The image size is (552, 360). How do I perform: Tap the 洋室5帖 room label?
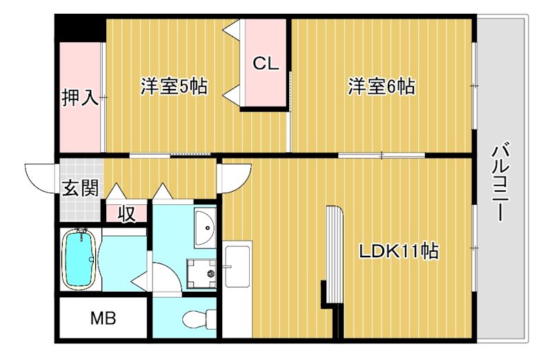[x=173, y=87]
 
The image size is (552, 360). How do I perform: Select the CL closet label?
[x=265, y=64]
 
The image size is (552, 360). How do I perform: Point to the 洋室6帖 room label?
[x=381, y=87]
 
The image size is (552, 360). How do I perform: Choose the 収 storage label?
[x=126, y=214]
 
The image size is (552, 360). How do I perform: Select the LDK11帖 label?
[x=398, y=251]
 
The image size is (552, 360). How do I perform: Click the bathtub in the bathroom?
[x=79, y=259]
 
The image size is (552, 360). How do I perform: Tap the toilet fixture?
[x=197, y=318]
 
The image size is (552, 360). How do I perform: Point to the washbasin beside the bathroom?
[x=205, y=226]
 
